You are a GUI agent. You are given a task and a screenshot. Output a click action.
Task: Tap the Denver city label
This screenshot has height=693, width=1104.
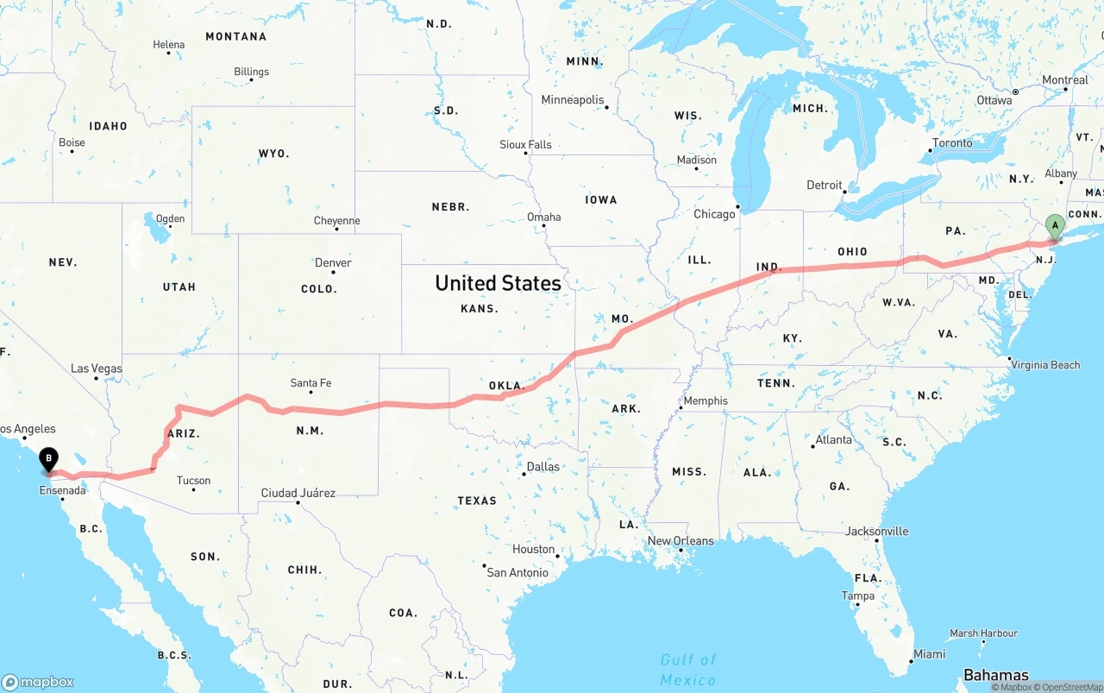coord(333,263)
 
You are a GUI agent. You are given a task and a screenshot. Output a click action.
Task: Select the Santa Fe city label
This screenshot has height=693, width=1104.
coord(310,383)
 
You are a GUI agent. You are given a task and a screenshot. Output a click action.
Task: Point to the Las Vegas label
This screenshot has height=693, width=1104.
coord(97,369)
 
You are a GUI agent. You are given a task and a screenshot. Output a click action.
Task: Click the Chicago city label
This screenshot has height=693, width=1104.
coord(714,214)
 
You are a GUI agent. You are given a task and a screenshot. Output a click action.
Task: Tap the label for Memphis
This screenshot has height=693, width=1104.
coord(706,400)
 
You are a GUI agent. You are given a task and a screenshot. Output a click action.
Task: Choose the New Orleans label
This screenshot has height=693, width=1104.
coord(681,541)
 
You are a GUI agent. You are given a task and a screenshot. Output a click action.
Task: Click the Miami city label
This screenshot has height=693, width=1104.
coord(930,654)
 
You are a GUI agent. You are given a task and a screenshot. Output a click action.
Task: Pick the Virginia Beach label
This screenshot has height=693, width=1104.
coord(1046,365)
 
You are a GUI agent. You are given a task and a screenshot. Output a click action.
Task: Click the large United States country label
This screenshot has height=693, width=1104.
coord(498,283)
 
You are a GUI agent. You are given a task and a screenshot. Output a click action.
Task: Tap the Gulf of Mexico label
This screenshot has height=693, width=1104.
coord(688,670)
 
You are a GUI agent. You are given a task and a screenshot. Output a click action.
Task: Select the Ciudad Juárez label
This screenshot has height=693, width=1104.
coord(298,493)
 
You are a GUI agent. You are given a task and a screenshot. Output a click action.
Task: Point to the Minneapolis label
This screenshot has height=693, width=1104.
coord(573,100)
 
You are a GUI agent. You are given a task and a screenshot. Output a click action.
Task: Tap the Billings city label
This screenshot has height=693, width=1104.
coord(251,72)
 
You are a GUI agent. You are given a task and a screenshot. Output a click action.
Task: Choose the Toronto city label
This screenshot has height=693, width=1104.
coord(952,143)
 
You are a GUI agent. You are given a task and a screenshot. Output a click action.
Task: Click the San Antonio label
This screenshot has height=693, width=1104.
coord(517,572)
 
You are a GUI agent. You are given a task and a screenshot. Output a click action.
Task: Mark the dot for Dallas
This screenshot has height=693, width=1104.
coord(524,474)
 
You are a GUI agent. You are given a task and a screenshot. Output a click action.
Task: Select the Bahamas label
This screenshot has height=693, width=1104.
coord(996,675)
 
